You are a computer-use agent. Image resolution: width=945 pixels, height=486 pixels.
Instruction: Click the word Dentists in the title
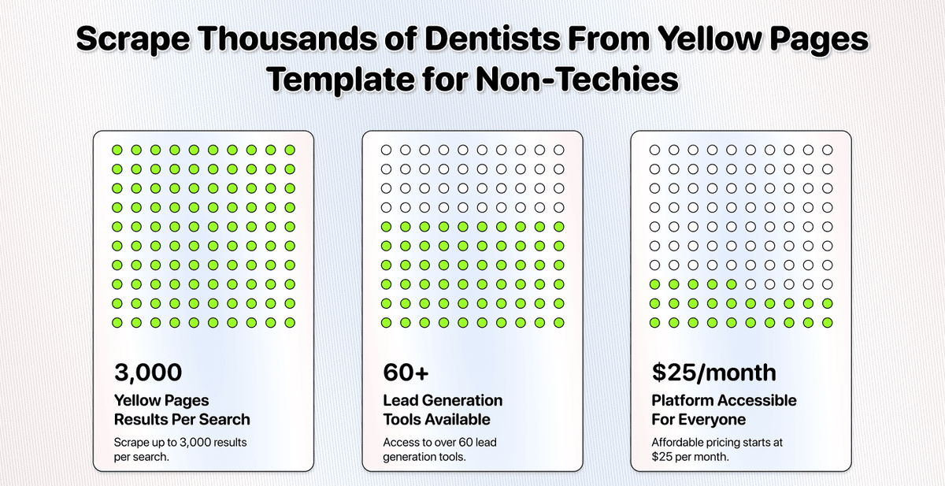point(492,39)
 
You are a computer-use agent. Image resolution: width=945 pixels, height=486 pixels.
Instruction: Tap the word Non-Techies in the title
point(577,80)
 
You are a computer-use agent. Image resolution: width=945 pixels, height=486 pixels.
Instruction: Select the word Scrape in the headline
point(133,39)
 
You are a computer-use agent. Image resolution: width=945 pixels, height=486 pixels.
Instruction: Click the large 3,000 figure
point(148,373)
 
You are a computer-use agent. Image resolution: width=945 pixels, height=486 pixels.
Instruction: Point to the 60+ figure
point(406,372)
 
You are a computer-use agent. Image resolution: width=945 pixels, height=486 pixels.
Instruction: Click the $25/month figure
point(713,373)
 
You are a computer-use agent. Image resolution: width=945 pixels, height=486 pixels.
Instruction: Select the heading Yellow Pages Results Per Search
point(182,410)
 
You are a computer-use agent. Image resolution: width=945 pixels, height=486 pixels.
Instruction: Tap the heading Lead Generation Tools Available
point(443,410)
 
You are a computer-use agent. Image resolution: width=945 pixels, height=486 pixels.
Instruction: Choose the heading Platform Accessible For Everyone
point(724,410)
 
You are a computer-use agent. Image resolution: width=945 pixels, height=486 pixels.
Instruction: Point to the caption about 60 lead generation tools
point(439,450)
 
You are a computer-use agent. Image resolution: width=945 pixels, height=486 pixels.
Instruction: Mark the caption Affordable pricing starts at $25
point(717,450)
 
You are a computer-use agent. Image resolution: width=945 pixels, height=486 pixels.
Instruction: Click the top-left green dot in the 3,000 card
point(117,150)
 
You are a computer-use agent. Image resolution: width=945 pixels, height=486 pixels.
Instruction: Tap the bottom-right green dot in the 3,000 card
point(290,323)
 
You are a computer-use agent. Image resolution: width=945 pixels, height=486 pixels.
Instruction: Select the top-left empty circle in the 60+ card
point(386,150)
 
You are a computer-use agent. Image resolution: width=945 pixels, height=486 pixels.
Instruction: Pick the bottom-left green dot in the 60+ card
point(386,323)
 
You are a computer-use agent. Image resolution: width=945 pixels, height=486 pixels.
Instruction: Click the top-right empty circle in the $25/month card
point(828,150)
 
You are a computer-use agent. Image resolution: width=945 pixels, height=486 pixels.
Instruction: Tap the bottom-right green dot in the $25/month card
point(828,323)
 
